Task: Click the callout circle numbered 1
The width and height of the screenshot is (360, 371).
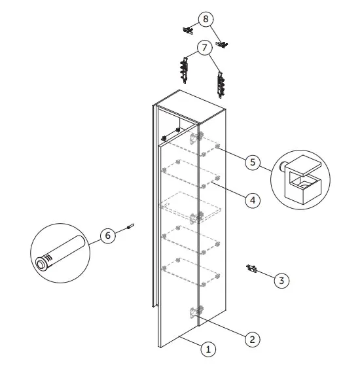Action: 208,349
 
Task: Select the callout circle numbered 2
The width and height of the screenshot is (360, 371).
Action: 253,340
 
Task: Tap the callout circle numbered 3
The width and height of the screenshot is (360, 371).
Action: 281,281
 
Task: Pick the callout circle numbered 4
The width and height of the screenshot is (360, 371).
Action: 253,200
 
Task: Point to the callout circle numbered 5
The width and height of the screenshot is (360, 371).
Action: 253,162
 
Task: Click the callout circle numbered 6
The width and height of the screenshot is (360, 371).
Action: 108,236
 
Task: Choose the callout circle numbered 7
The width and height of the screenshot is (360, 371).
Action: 204,48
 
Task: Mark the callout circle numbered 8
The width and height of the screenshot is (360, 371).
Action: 206,19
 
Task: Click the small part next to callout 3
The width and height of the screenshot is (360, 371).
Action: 251,268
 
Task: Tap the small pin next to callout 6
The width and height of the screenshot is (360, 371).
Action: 130,226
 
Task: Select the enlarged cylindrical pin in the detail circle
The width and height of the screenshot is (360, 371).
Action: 60,253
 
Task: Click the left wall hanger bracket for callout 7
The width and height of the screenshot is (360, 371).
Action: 184,70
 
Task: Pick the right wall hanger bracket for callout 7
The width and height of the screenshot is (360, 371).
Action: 221,85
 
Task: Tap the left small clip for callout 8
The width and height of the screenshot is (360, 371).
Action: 188,30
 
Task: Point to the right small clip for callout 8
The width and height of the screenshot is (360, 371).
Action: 222,44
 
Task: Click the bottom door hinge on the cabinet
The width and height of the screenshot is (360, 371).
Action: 196,311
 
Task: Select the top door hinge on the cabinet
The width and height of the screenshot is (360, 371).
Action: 196,137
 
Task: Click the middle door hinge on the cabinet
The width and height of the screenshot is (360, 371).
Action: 196,217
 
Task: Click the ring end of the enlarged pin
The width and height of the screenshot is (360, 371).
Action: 41,263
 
